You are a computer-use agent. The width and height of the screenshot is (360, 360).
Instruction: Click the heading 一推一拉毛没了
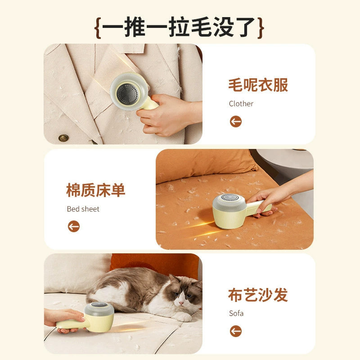click(x=179, y=27)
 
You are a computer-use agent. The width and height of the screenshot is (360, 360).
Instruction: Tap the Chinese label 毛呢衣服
click(x=258, y=85)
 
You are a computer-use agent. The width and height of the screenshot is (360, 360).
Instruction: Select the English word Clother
click(x=241, y=103)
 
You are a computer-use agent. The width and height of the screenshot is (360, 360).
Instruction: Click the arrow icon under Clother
click(x=236, y=121)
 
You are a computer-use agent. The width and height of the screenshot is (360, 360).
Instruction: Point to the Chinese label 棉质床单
click(x=96, y=190)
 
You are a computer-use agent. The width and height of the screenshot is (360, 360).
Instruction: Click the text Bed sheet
click(x=83, y=209)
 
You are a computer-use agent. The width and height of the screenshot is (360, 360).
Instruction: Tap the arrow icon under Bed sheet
click(x=74, y=226)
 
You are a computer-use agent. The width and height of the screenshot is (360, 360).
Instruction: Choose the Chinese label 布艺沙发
click(x=258, y=295)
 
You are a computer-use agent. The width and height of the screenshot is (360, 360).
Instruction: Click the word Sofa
click(x=236, y=313)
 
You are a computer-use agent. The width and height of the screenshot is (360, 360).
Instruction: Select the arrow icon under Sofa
click(x=236, y=331)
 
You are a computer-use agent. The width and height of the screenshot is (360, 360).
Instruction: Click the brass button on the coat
click(x=63, y=138)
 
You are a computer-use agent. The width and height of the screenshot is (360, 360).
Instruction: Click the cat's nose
click(x=181, y=303)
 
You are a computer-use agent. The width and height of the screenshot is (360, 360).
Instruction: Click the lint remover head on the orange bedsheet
click(x=229, y=211)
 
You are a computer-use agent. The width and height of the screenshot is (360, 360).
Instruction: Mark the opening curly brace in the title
click(x=98, y=28)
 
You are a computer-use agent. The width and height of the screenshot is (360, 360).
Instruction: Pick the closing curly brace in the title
click(x=261, y=28)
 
